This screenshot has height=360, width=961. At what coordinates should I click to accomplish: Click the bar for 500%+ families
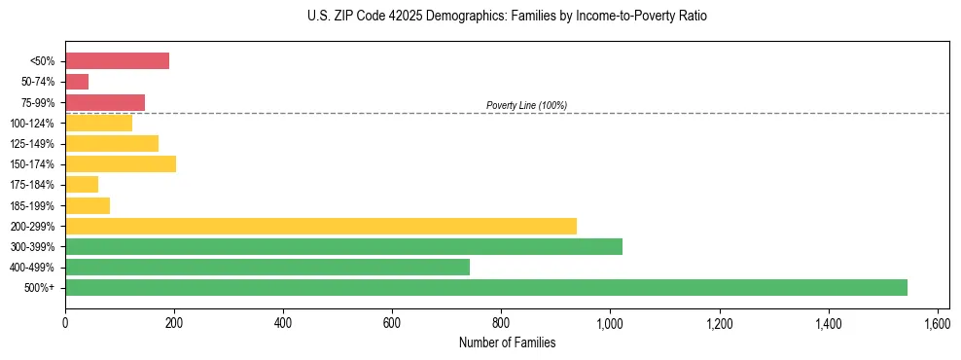[486, 287]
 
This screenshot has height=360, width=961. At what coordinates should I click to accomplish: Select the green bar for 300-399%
[343, 246]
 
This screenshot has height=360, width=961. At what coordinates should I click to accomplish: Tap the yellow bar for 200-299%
[321, 226]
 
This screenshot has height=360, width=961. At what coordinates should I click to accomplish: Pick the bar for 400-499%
[267, 267]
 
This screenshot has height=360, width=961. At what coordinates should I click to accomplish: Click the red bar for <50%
[117, 60]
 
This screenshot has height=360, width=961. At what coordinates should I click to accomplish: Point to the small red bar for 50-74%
[77, 82]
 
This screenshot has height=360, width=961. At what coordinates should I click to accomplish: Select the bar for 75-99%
[105, 102]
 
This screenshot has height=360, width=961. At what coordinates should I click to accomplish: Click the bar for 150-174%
[121, 163]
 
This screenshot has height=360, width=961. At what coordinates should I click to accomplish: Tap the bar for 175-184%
[82, 184]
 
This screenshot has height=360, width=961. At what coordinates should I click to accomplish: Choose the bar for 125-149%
[112, 143]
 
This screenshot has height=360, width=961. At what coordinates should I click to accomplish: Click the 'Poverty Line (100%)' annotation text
[526, 105]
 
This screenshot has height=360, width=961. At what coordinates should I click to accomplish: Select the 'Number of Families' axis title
[507, 342]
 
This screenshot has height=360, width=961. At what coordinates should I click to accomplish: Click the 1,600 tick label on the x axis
[937, 323]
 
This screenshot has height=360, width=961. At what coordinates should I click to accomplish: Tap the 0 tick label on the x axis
[65, 323]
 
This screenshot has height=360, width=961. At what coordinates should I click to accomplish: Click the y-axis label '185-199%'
[37, 205]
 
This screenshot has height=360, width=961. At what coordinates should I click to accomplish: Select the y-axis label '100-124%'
[37, 123]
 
